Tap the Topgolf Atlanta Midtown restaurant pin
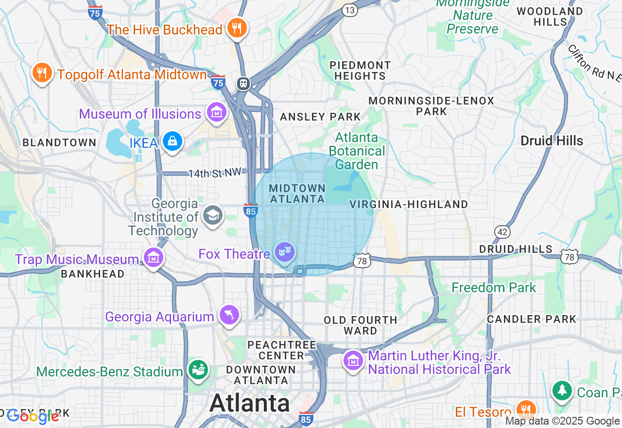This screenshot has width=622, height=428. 42,73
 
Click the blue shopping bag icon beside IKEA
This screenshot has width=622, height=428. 172,142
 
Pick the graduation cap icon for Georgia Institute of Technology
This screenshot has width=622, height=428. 212,215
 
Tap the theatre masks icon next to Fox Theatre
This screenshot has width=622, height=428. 284,252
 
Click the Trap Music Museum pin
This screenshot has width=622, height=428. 154,257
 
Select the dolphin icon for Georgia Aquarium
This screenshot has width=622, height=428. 229,315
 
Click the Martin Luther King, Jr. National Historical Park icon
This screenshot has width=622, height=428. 353,361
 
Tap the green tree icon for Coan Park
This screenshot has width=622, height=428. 562,390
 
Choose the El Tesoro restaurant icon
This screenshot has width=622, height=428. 525,410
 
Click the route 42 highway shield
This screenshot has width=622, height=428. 502,232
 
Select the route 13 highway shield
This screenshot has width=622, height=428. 349,10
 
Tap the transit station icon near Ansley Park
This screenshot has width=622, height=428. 243,84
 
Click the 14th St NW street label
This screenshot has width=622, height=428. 214,173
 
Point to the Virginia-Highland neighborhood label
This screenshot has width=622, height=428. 409,204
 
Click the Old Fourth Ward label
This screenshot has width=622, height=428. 361,325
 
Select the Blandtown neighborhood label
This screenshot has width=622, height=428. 59,143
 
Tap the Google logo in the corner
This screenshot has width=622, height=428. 33,416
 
